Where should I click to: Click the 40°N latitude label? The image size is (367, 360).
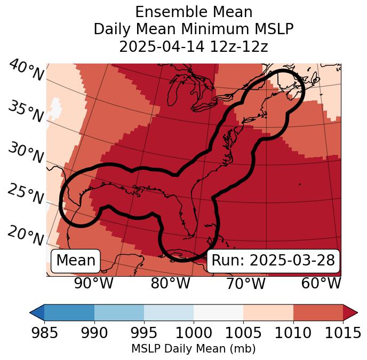pos(26,71)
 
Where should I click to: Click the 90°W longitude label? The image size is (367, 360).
pos(94,283)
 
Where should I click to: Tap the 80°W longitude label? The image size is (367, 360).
pos(170,283)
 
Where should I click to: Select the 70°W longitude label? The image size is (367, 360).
pos(245,283)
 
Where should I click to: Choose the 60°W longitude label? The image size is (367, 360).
pos(321,283)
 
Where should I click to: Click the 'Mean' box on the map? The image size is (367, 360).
pos(76,261)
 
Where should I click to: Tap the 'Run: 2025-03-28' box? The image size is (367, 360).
pos(273,261)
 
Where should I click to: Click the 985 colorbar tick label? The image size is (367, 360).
pos(44,333)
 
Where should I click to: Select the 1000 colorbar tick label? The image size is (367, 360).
pos(194,333)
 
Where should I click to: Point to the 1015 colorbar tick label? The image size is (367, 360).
pos(343,333)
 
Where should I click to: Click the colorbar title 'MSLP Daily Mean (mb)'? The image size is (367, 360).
pos(193,349)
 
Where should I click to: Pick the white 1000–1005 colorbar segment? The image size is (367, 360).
pos(218,312)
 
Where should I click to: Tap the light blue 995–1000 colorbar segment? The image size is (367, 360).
pos(169,312)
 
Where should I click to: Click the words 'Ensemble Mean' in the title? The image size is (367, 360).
pos(193,12)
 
